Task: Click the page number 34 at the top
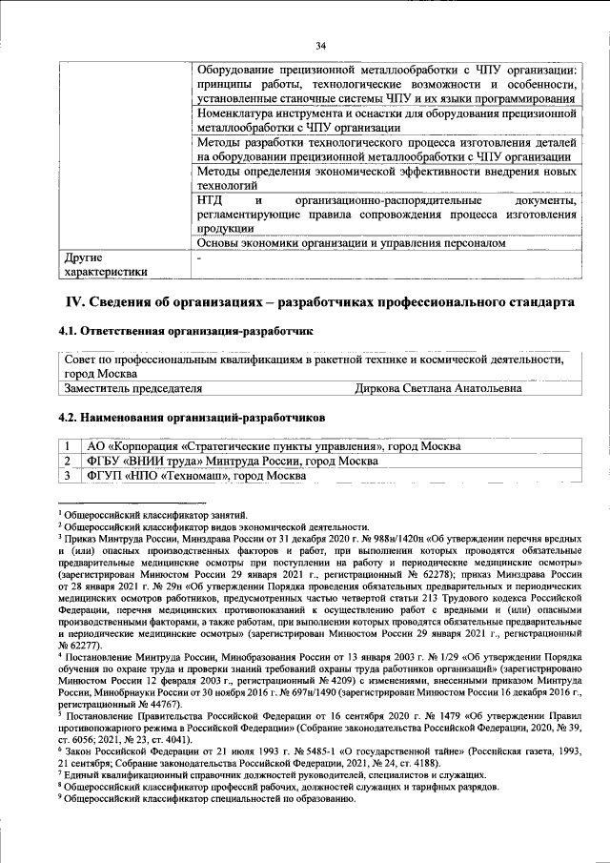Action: coord(321,45)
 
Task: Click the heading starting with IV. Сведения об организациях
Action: coord(319,302)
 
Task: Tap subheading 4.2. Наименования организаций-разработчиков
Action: coord(191,419)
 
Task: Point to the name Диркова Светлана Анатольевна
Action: coord(437,389)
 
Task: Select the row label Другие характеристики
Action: coord(105,264)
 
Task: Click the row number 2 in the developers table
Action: coord(68,461)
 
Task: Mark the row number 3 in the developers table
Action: coord(68,475)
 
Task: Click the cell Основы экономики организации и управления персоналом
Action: coord(350,243)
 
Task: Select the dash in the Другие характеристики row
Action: coord(199,257)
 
